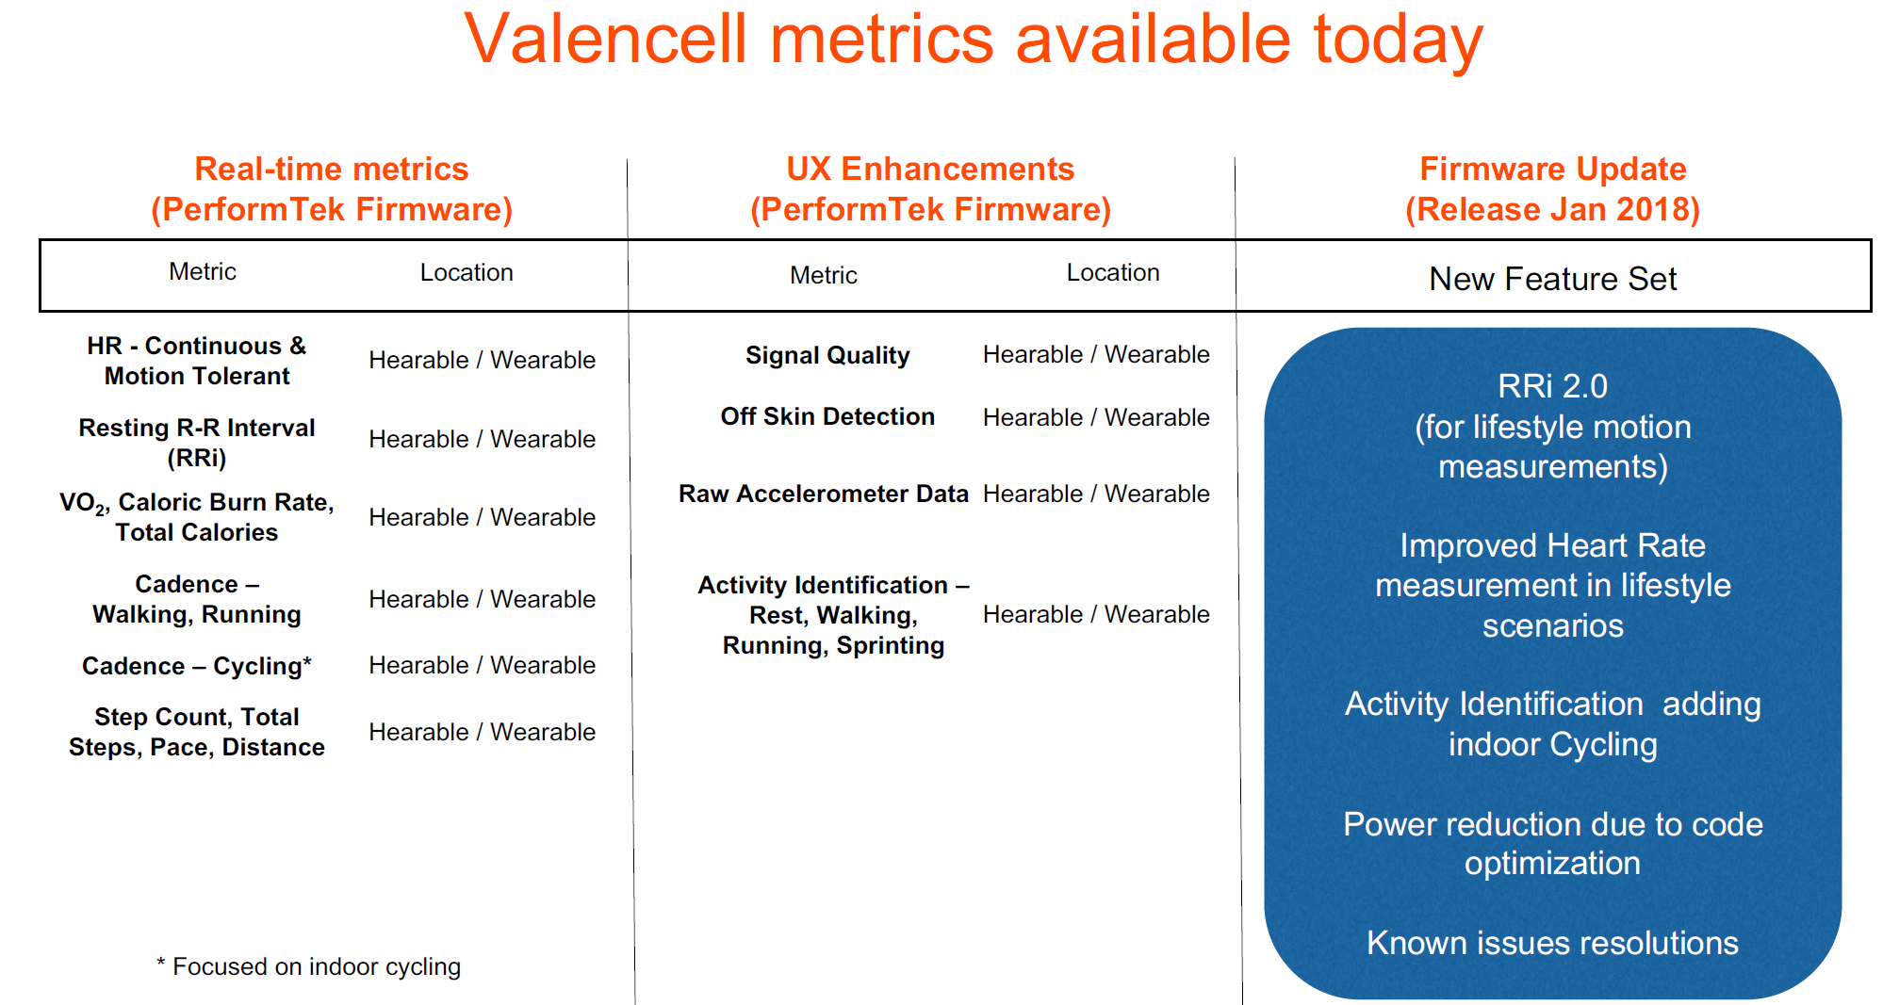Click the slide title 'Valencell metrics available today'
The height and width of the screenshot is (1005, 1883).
(x=974, y=40)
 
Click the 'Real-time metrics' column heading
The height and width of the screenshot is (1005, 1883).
(x=331, y=170)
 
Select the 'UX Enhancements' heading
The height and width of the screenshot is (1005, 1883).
(x=930, y=170)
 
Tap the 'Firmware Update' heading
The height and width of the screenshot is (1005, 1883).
(x=1552, y=170)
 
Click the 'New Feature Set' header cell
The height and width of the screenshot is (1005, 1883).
(x=1552, y=279)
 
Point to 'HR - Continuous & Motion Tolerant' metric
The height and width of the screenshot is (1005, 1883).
(x=197, y=361)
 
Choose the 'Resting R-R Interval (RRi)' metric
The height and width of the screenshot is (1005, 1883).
(x=197, y=442)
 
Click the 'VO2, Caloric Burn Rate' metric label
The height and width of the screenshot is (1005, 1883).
(x=197, y=516)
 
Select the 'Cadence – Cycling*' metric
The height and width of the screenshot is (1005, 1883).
(x=197, y=666)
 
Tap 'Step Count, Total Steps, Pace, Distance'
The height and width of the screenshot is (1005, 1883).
(x=197, y=732)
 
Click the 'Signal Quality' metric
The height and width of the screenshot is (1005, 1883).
(x=827, y=355)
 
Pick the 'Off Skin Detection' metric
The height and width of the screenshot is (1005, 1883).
(x=827, y=416)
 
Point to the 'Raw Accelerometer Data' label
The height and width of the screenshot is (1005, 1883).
(x=823, y=494)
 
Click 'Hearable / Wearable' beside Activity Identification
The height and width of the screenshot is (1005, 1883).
(x=1096, y=614)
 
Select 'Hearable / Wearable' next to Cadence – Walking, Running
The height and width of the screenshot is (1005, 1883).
(x=482, y=599)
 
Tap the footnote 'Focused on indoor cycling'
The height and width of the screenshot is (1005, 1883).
(x=309, y=966)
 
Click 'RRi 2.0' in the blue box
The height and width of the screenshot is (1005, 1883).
(x=1552, y=386)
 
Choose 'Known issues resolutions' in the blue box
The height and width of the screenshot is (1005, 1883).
(x=1552, y=943)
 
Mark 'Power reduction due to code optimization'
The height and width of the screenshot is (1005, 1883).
(x=1552, y=843)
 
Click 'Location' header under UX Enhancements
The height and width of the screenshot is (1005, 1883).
(x=1112, y=273)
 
